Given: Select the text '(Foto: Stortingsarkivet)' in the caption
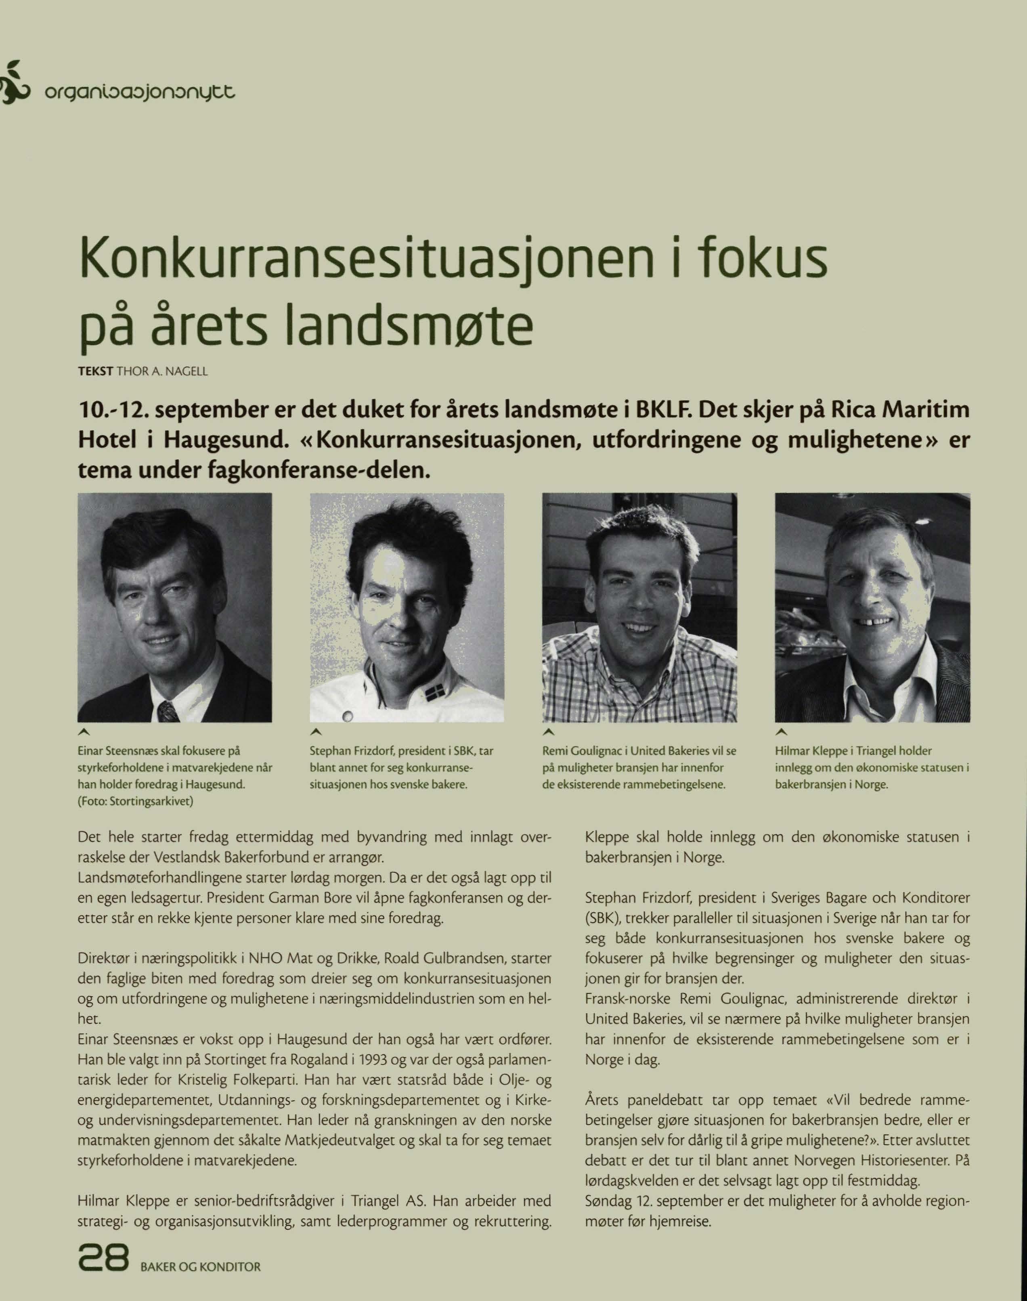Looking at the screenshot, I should pyautogui.click(x=135, y=801).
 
